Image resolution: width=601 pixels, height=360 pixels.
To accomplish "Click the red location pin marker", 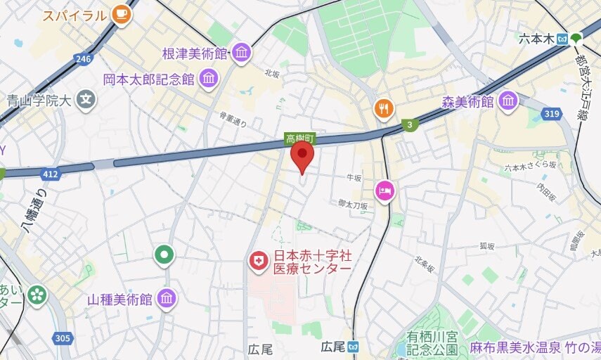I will tap(302, 155).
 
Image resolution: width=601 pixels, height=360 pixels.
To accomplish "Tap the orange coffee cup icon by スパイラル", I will tap(122, 13).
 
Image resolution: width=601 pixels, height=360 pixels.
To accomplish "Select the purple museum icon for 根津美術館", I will tap(241, 53).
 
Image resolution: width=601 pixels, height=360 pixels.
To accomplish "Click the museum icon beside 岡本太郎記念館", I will tap(208, 79).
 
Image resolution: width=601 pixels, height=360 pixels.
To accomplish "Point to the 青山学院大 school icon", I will tap(86, 100).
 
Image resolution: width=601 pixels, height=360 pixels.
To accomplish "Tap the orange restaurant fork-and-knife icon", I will tap(383, 108).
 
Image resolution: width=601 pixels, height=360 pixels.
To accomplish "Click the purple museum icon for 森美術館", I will tap(508, 102).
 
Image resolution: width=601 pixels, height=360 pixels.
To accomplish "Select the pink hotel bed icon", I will tap(384, 191).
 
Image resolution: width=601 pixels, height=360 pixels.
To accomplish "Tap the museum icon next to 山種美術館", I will tap(167, 300).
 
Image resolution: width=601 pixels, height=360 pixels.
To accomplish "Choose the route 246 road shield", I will tap(83, 59).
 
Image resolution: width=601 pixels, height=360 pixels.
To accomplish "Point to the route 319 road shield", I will tap(551, 112).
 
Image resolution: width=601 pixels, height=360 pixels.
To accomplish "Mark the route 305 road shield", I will tap(63, 339).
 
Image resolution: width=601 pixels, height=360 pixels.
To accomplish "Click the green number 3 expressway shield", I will tap(408, 125).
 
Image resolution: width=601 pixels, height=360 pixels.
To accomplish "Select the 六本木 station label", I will tap(536, 39).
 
